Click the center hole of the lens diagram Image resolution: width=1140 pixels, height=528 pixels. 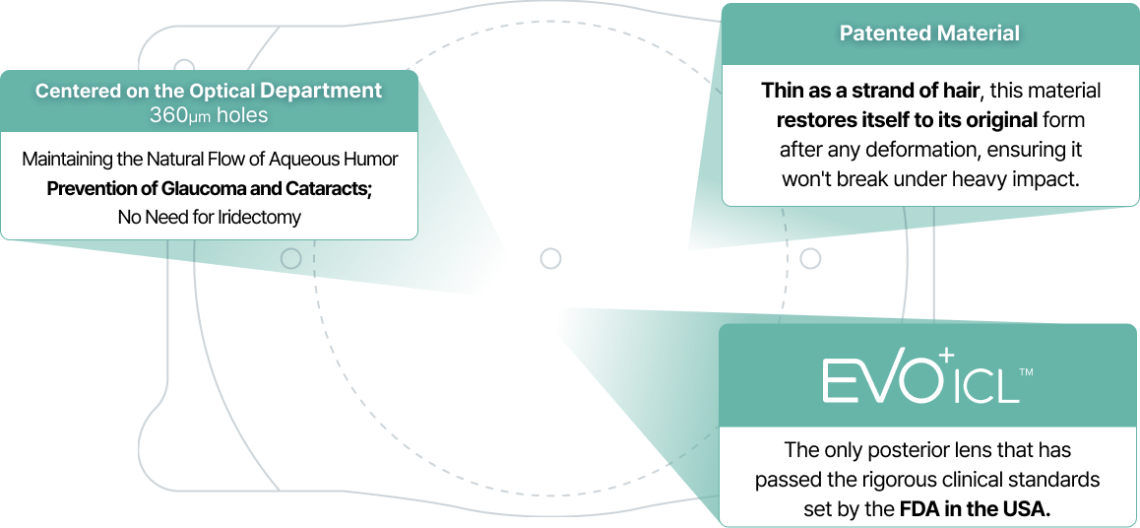[x=550, y=258]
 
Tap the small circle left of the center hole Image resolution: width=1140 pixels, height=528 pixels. [x=290, y=258]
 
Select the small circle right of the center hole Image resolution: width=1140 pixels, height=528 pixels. [x=810, y=258]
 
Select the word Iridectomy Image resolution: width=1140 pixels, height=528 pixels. [x=260, y=217]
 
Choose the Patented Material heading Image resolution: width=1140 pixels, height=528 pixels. [x=929, y=33]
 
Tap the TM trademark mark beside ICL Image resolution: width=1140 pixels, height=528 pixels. [x=1026, y=372]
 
